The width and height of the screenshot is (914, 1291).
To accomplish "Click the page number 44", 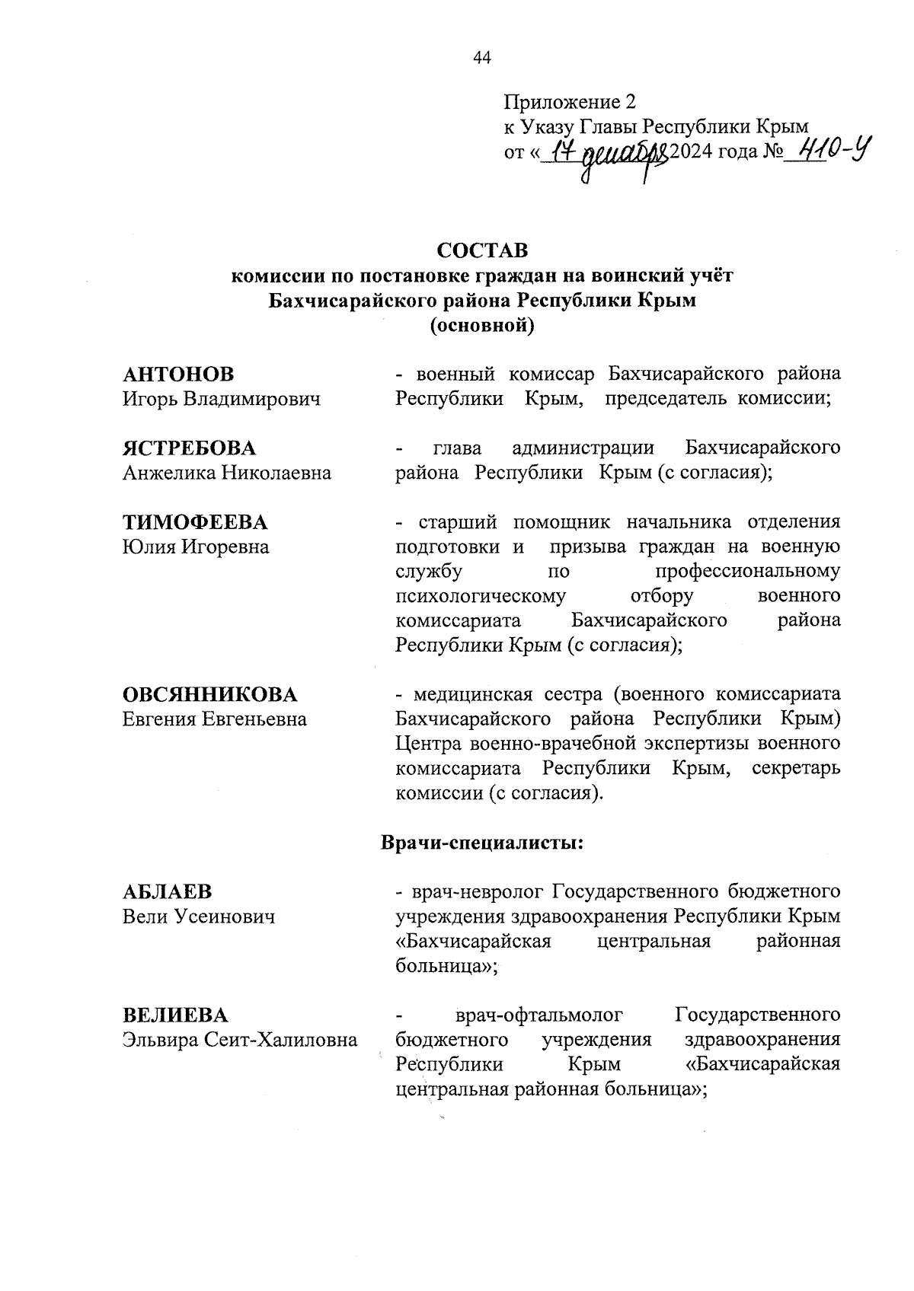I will [482, 59].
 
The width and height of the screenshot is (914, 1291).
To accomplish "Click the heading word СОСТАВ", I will [481, 251].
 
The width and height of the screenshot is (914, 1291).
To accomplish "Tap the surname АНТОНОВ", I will [178, 375].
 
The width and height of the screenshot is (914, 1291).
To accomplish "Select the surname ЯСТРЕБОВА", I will [190, 448].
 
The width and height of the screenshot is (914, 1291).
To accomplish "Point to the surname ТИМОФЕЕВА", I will [195, 522].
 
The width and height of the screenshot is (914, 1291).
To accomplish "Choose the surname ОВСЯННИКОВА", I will [210, 694].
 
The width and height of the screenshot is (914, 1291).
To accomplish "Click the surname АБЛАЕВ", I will [168, 891].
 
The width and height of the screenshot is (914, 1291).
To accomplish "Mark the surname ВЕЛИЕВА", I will [175, 1015].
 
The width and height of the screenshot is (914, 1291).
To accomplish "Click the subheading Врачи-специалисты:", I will [481, 843].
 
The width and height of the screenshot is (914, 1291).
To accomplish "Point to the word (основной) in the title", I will [481, 326].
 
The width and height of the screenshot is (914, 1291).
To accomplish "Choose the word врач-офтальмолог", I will [538, 1015].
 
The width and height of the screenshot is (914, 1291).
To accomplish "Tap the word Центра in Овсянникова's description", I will [429, 742].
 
